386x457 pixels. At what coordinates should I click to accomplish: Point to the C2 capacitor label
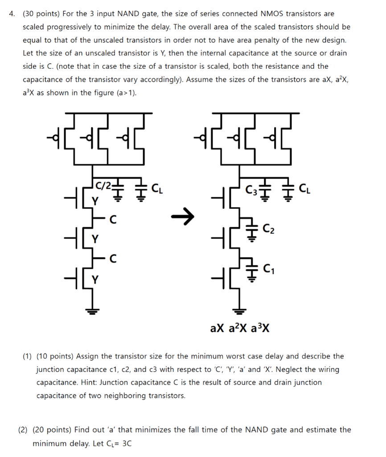269,230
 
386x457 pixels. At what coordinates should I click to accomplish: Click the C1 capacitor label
269,269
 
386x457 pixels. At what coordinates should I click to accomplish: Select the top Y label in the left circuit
94,200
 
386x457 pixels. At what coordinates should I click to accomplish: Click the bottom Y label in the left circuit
94,279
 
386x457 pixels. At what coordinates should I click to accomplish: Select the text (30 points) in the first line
42,14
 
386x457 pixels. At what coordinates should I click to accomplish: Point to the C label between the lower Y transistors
113,258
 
